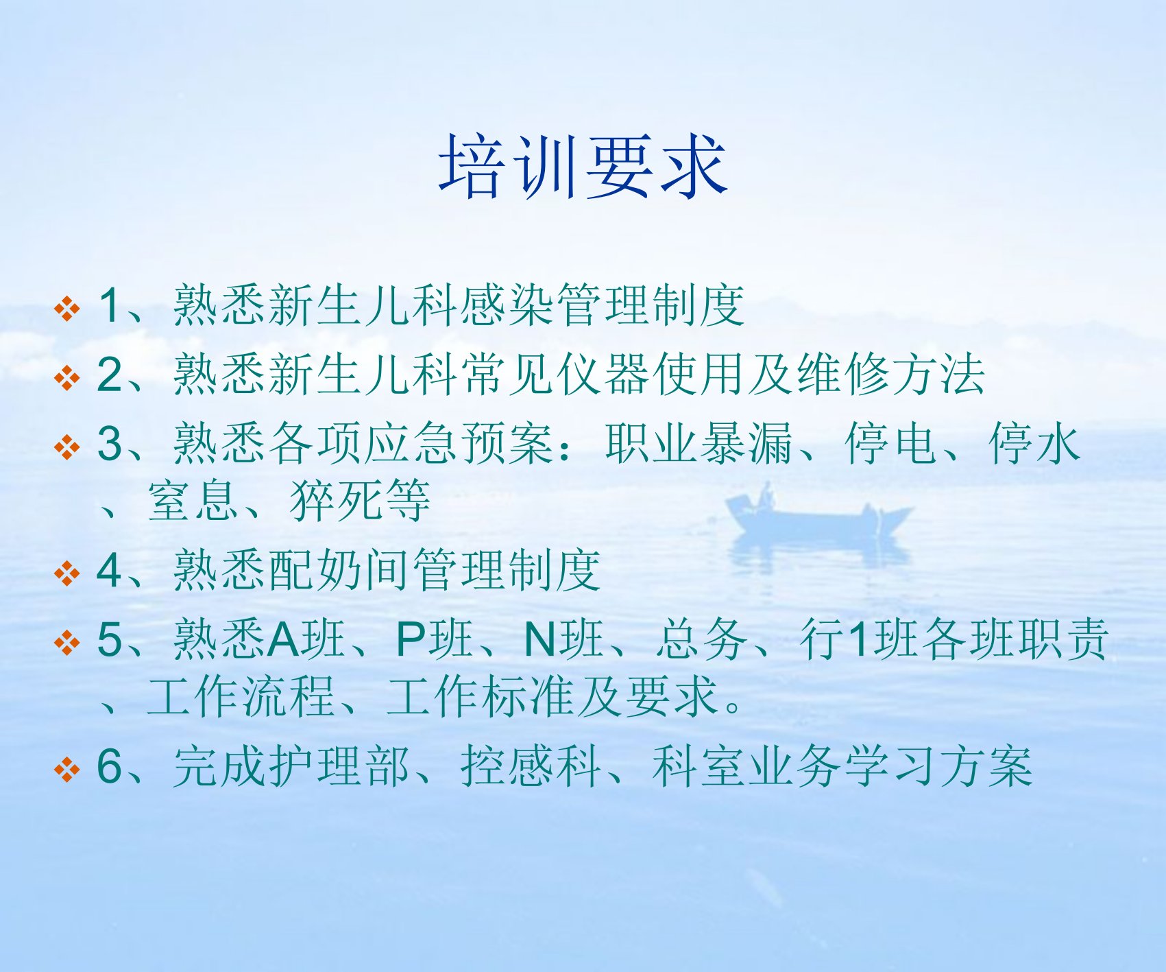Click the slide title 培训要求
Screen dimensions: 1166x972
pos(583,167)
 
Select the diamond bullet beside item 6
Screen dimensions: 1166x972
pos(67,769)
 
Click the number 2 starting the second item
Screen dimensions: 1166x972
pos(110,375)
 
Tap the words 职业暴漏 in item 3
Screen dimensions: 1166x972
pos(699,443)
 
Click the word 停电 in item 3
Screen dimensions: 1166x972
pos(890,443)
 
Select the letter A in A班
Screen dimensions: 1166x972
pos(282,639)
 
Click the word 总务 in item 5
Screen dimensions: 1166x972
pos(701,639)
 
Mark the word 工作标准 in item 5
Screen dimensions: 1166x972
pos(481,696)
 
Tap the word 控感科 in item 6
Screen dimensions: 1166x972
pos(531,766)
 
